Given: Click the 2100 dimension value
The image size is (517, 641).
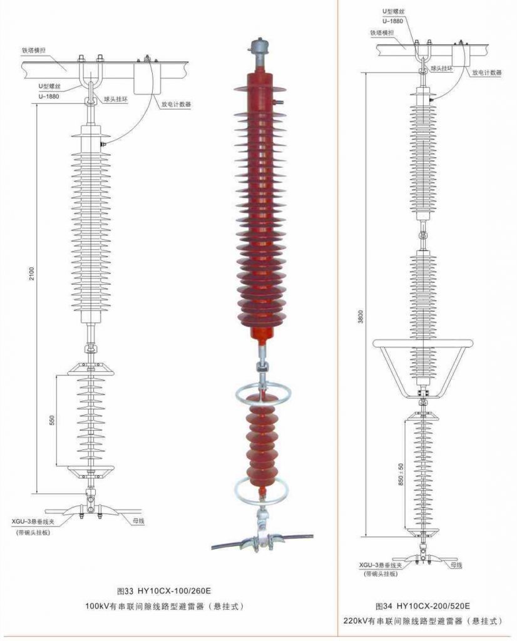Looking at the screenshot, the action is point(32,274).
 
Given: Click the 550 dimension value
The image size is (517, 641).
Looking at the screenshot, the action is point(52,420).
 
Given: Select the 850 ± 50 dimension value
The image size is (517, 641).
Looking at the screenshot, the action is point(401,474).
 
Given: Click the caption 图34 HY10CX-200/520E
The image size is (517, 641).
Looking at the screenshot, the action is point(422,605).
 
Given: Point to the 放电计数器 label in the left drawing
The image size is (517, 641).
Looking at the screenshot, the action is point(176,104).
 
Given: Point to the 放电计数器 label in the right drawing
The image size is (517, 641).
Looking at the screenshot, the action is point(487,73).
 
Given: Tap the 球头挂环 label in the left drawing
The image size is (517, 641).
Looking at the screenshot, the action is point(116,99).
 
